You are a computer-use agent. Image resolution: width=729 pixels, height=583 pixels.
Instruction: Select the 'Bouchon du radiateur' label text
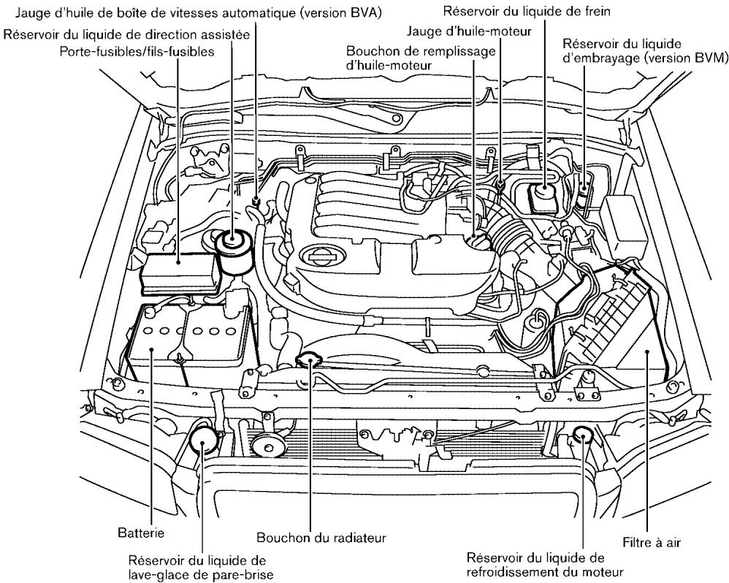321,538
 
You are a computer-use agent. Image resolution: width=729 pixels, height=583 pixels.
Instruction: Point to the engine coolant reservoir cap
582,436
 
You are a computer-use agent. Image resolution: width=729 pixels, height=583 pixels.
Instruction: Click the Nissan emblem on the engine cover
321,256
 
